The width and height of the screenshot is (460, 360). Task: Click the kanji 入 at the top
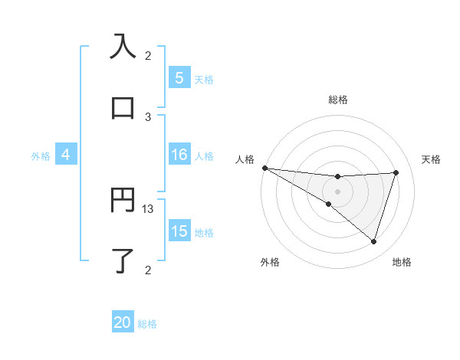(x=123, y=47)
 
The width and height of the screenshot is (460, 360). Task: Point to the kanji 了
(x=123, y=261)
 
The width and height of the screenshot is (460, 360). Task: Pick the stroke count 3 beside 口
(x=148, y=116)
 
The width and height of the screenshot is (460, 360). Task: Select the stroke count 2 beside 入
(x=148, y=56)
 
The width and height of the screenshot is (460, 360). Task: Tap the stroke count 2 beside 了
(x=148, y=270)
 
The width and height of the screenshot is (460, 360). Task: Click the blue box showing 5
(x=179, y=78)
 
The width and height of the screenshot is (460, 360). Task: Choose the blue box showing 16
(x=179, y=155)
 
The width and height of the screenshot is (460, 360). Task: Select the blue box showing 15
(x=179, y=231)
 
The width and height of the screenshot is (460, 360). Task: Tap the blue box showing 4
(x=66, y=155)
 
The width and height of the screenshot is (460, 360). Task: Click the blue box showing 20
(x=123, y=323)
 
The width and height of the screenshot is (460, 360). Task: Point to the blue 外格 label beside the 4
(x=41, y=155)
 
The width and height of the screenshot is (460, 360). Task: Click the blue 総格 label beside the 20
(x=147, y=324)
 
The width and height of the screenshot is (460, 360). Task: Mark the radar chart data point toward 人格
(x=264, y=168)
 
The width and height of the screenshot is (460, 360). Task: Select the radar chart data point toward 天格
(x=396, y=172)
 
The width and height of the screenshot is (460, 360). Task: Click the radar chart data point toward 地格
(x=373, y=241)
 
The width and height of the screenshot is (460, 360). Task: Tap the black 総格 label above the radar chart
(x=337, y=100)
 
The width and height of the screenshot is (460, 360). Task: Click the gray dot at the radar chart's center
(x=337, y=191)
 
